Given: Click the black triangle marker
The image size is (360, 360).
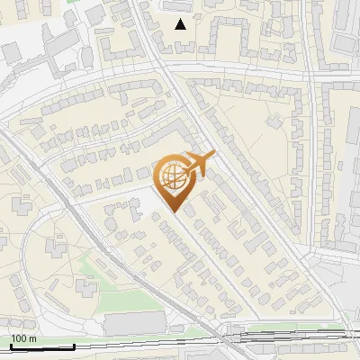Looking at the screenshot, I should [181, 23].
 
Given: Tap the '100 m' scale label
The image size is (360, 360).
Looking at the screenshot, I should [23, 338].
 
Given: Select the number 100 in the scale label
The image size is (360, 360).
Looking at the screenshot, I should [19, 338].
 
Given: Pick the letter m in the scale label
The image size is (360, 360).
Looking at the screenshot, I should [31, 338].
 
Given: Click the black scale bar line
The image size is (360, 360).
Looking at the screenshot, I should [41, 346].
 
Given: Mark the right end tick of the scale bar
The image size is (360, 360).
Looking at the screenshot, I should [74, 345].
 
